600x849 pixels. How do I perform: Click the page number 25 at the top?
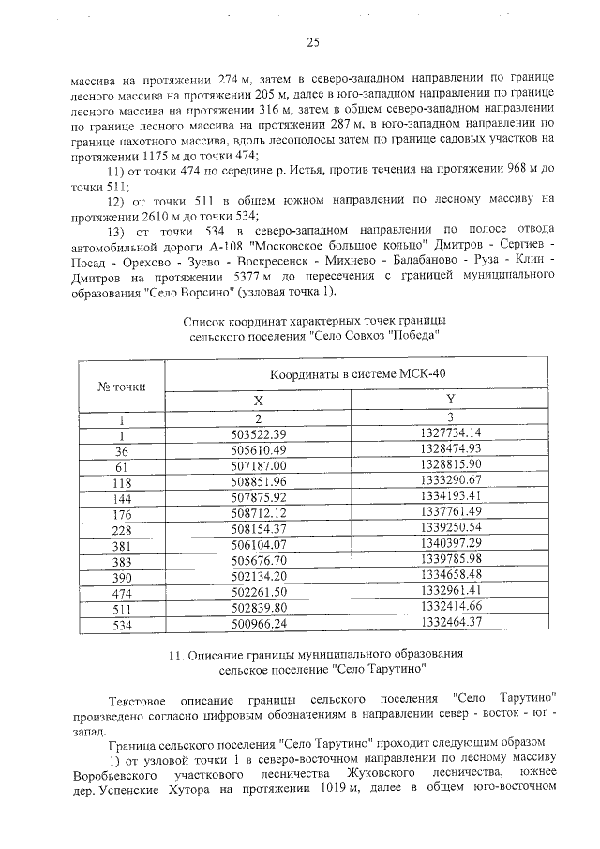[312, 42]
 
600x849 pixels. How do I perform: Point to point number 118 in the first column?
[121, 480]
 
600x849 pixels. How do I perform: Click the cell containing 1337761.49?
[450, 511]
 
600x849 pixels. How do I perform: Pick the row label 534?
[121, 622]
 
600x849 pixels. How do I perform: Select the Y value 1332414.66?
[450, 606]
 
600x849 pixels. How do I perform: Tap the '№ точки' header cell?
[122, 386]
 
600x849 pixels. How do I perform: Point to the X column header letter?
[259, 400]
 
